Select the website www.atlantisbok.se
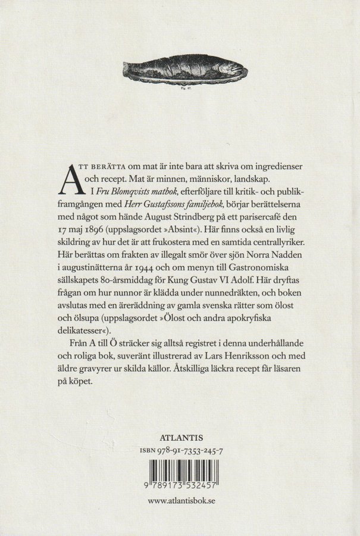click(181, 501)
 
